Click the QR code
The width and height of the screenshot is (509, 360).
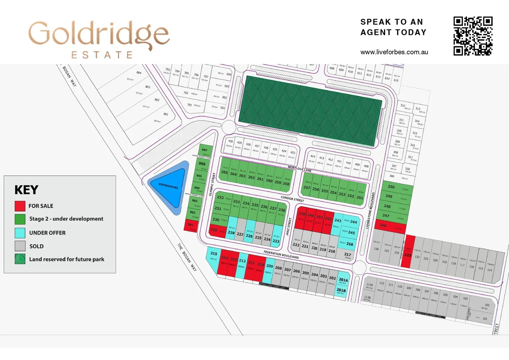click(473, 36)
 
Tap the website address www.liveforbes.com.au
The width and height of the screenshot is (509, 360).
click(394, 52)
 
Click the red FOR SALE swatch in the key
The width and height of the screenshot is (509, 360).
click(20, 206)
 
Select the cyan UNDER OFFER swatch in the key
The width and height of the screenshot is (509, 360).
click(20, 233)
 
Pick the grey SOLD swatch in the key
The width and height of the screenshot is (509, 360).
click(20, 246)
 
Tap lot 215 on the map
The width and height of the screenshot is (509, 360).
click(213, 257)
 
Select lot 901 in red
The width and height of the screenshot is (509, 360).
click(190, 226)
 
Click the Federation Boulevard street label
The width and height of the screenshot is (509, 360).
click(281, 255)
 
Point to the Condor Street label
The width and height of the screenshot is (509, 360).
click(292, 199)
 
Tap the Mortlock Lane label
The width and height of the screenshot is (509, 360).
click(299, 169)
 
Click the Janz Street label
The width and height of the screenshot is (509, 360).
click(289, 227)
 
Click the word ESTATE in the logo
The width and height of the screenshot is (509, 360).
click(102, 55)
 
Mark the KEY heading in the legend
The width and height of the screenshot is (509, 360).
click(26, 190)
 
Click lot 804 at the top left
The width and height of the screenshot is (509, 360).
click(139, 73)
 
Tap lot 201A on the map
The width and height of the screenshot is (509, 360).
click(343, 280)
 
